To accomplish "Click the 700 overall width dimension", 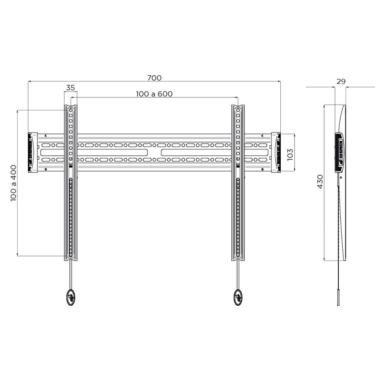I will pyautogui.click(x=154, y=78).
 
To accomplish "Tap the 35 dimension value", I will pyautogui.click(x=70, y=88).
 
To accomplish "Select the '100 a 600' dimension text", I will pyautogui.click(x=154, y=94).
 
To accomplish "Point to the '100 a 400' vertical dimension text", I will pyautogui.click(x=13, y=183).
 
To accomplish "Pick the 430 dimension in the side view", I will pyautogui.click(x=320, y=181).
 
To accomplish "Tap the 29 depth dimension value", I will pyautogui.click(x=341, y=82).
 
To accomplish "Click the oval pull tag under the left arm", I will pyautogui.click(x=70, y=297).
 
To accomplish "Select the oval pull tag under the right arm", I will pyautogui.click(x=238, y=297).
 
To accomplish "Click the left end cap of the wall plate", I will pyautogui.click(x=32, y=152).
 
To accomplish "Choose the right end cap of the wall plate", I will pyautogui.click(x=276, y=152).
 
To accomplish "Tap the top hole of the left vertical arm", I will pyautogui.click(x=70, y=110).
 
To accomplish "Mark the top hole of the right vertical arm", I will pyautogui.click(x=238, y=110).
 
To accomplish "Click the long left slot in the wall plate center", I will pyautogui.click(x=113, y=152).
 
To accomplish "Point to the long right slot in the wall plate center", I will pyautogui.click(x=196, y=152).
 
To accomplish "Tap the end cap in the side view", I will pyautogui.click(x=340, y=152).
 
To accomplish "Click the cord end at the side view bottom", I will pyautogui.click(x=338, y=298).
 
